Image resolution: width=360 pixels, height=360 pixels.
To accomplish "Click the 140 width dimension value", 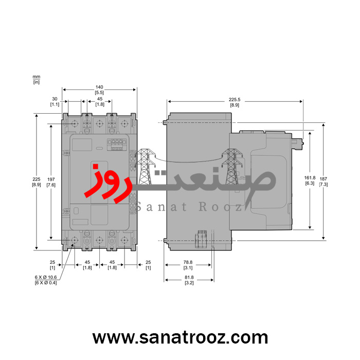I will (99, 87).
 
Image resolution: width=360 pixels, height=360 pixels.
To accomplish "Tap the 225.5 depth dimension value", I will (234, 100).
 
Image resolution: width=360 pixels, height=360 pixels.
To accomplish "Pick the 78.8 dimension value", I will (188, 262).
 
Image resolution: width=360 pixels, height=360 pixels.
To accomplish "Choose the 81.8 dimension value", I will (189, 278).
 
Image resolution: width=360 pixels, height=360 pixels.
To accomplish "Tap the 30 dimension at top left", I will (55, 99).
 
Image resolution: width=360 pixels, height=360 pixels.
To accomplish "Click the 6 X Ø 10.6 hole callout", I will (45, 278).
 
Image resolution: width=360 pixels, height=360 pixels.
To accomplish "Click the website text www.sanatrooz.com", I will (180, 338).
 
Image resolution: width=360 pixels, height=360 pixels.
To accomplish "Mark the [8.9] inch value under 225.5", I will (234, 105).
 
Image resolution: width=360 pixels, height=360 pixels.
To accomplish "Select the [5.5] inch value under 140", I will (99, 92).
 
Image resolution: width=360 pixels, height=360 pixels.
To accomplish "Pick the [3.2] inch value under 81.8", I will (189, 283).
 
